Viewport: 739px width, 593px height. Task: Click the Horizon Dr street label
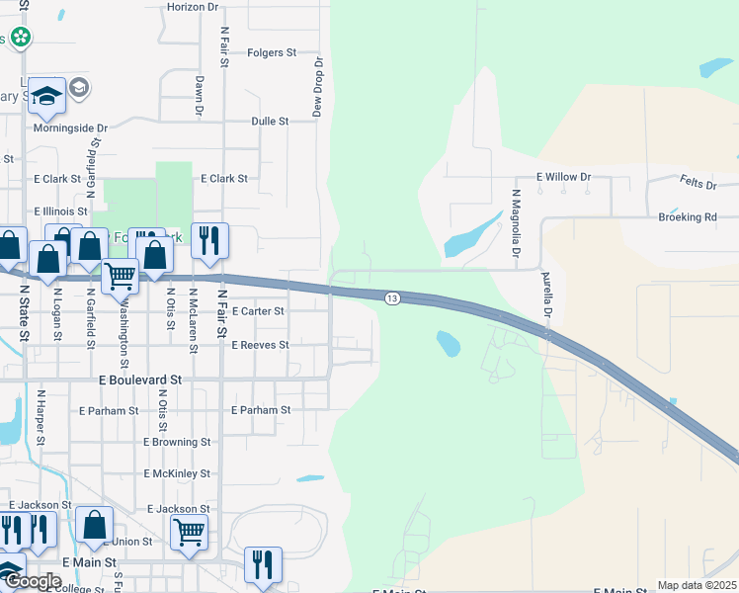(x=193, y=6)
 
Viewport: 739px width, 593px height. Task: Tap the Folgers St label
(x=272, y=52)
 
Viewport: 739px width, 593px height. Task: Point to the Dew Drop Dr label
(x=318, y=87)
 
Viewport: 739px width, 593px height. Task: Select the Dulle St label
(x=270, y=122)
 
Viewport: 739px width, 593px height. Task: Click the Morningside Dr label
(x=69, y=128)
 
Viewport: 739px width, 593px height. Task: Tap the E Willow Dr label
(x=563, y=177)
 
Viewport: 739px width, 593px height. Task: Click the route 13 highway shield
(x=392, y=298)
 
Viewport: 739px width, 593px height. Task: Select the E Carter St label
(x=257, y=311)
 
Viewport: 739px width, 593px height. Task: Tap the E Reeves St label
(x=259, y=345)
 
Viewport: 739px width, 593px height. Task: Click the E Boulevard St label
(x=140, y=379)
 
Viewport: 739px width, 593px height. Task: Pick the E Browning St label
(x=178, y=443)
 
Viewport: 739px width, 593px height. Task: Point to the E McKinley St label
(x=177, y=474)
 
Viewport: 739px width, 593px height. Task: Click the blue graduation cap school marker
(x=46, y=96)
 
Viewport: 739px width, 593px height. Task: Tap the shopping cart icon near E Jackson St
(x=189, y=531)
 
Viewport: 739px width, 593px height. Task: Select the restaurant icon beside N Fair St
(x=208, y=240)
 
